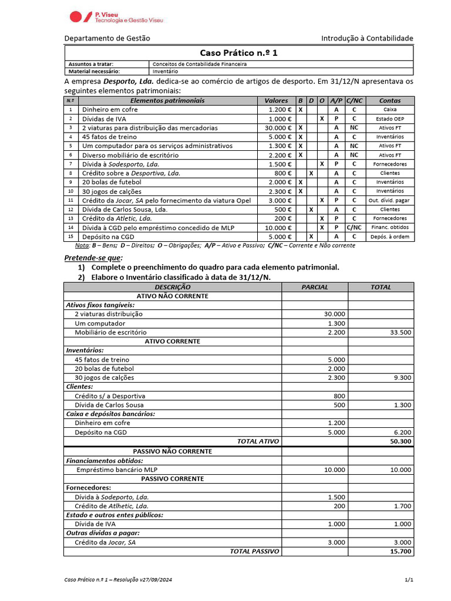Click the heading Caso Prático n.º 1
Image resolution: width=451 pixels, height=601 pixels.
pos(238,53)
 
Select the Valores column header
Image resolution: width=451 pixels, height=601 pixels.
pos(276,100)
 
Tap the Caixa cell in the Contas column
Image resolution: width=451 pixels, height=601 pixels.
pos(390,110)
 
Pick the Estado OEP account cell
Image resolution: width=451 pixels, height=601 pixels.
pos(390,119)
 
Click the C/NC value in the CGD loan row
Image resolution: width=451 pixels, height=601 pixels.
pos(354,228)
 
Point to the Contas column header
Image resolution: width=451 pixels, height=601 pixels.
pos(390,100)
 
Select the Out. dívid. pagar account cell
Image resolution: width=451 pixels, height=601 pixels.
pos(390,200)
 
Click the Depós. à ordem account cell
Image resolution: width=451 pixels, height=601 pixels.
pos(390,237)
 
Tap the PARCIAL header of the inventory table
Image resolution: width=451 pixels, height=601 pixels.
pos(315,287)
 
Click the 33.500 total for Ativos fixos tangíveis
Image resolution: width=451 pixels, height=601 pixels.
pos(400,332)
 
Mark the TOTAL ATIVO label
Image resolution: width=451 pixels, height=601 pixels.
pos(258,441)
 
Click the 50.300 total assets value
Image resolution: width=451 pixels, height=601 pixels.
pos(400,441)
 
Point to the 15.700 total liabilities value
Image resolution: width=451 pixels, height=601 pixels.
pos(400,551)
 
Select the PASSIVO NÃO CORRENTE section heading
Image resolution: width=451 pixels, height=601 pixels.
pos(173,451)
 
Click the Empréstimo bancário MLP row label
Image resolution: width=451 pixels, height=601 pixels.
pos(117,470)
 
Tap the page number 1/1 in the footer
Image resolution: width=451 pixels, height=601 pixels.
pos(409,580)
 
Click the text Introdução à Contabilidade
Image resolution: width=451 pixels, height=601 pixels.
pos(367,38)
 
